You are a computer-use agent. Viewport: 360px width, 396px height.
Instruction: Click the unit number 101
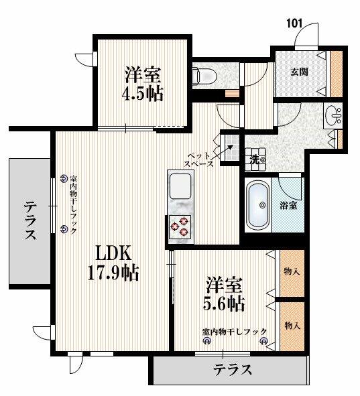(x=294, y=23)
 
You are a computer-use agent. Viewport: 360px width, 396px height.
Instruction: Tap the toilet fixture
(x=204, y=75)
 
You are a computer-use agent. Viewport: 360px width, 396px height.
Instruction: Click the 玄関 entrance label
(x=300, y=72)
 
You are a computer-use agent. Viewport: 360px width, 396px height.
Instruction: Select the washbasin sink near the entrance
(x=333, y=115)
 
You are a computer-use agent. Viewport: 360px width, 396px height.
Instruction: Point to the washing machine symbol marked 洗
(x=255, y=159)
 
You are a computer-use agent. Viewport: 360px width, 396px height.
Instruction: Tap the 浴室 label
(x=288, y=206)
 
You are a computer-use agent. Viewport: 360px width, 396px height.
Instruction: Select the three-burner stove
(x=180, y=226)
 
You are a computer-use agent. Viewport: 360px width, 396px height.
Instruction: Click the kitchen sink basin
(x=180, y=186)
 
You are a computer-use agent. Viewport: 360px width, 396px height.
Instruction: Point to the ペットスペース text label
(x=199, y=159)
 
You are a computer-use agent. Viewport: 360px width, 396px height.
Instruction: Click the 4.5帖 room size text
(x=143, y=94)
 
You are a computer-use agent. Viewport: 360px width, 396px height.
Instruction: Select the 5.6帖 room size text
(x=224, y=304)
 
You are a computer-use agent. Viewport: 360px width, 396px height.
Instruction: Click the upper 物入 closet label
(x=292, y=272)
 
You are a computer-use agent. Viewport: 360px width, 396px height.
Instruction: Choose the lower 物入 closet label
(x=292, y=326)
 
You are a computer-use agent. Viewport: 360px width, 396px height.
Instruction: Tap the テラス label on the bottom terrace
(x=233, y=370)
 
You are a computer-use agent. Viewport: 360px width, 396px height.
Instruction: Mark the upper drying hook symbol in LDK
(x=64, y=178)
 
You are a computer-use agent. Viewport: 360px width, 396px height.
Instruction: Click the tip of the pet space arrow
(x=233, y=145)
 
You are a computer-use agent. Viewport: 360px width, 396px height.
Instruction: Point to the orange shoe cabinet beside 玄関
(x=337, y=74)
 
